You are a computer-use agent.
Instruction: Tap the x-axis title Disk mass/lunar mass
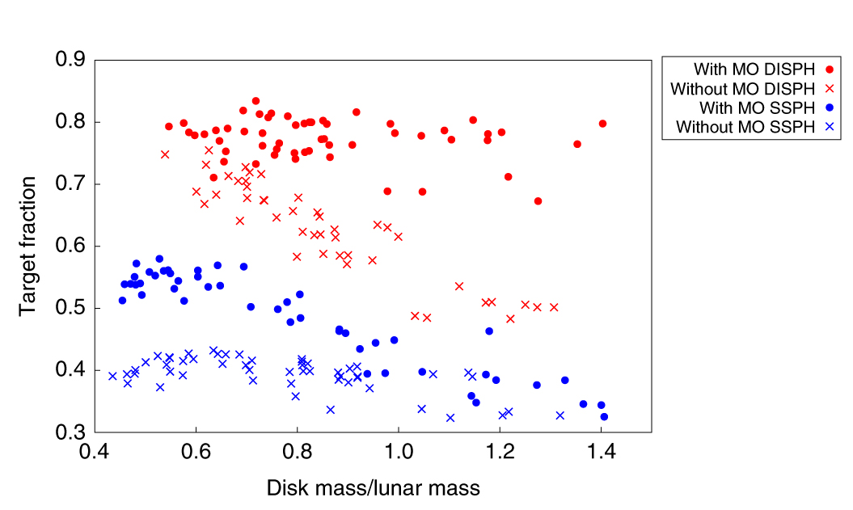(x=373, y=487)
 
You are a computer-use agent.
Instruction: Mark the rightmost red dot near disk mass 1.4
(x=602, y=124)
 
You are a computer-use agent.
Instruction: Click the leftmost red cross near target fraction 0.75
(x=165, y=154)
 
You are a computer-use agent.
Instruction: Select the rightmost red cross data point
(x=554, y=307)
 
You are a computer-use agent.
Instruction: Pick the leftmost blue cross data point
(x=112, y=376)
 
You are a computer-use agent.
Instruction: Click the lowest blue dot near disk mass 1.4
(x=604, y=417)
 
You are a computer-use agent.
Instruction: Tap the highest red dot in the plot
(x=255, y=101)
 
